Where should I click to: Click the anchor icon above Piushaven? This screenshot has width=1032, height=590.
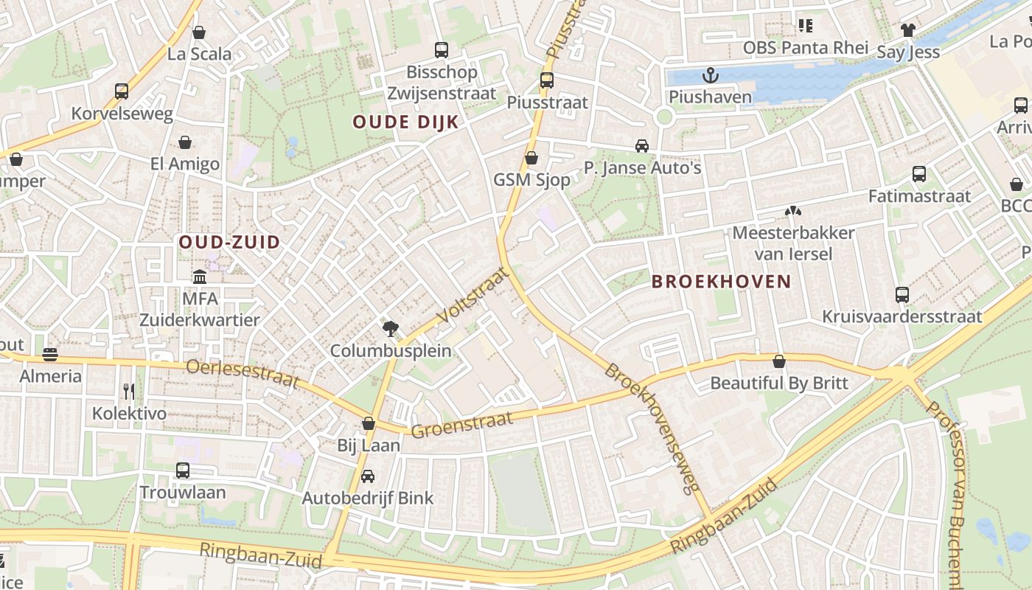pyautogui.click(x=710, y=74)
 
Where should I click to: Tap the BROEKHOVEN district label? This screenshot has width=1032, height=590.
pyautogui.click(x=721, y=282)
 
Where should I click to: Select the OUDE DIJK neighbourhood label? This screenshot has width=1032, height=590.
pyautogui.click(x=405, y=122)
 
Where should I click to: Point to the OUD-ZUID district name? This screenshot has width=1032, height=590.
pyautogui.click(x=229, y=242)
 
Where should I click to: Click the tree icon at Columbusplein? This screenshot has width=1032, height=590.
pyautogui.click(x=390, y=328)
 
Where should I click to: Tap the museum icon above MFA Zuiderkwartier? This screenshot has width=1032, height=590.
pyautogui.click(x=200, y=277)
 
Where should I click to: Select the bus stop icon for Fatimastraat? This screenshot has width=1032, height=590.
pyautogui.click(x=918, y=174)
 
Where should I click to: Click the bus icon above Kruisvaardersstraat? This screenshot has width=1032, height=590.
pyautogui.click(x=902, y=295)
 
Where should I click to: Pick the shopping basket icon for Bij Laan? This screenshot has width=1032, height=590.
pyautogui.click(x=369, y=423)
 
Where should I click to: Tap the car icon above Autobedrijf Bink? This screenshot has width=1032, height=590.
pyautogui.click(x=367, y=476)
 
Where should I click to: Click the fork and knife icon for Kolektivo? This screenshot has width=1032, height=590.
pyautogui.click(x=129, y=391)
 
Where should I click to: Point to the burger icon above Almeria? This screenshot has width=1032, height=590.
pyautogui.click(x=50, y=355)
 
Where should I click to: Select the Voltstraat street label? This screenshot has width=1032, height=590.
pyautogui.click(x=473, y=296)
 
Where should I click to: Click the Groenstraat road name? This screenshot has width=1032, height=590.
pyautogui.click(x=461, y=425)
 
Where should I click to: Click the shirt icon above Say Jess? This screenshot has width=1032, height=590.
pyautogui.click(x=907, y=30)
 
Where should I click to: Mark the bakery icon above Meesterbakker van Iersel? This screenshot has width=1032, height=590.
pyautogui.click(x=792, y=212)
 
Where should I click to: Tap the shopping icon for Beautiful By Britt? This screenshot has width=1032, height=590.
pyautogui.click(x=778, y=361)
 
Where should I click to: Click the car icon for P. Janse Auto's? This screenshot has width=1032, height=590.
pyautogui.click(x=642, y=146)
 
